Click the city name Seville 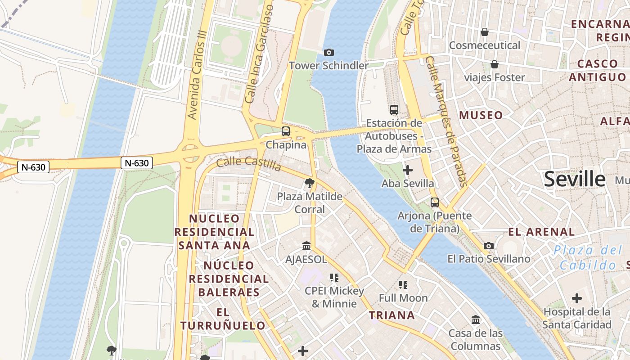click(x=575, y=179)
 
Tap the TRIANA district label click(x=392, y=315)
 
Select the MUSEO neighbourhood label click(x=481, y=115)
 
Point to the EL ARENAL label click(x=541, y=232)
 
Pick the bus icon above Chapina click(x=286, y=131)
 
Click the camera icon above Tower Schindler click(x=329, y=53)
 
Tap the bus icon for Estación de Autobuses click(x=394, y=109)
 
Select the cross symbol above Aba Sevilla click(x=408, y=170)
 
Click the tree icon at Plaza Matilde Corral click(x=309, y=183)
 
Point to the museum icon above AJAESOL click(x=306, y=246)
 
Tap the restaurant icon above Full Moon click(x=403, y=284)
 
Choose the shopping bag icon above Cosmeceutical click(x=485, y=32)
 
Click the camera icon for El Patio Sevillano click(x=489, y=246)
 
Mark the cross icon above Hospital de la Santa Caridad click(x=576, y=298)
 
